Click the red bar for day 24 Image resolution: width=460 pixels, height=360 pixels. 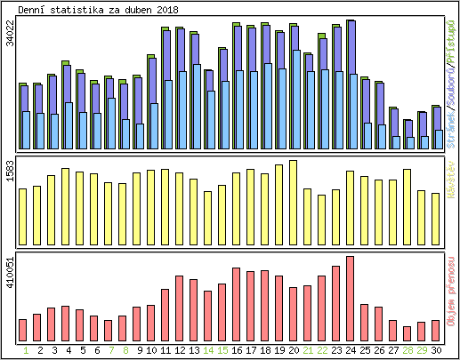pyautogui.click(x=350, y=299)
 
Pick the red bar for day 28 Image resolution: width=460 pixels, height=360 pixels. pyautogui.click(x=407, y=333)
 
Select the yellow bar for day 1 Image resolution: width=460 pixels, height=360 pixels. pyautogui.click(x=22, y=217)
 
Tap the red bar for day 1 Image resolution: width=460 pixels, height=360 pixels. pyautogui.click(x=22, y=330)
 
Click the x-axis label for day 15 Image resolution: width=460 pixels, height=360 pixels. pyautogui.click(x=222, y=350)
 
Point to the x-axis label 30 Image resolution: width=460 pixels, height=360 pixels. pyautogui.click(x=435, y=350)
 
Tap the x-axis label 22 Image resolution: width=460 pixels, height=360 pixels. pyautogui.click(x=321, y=350)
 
